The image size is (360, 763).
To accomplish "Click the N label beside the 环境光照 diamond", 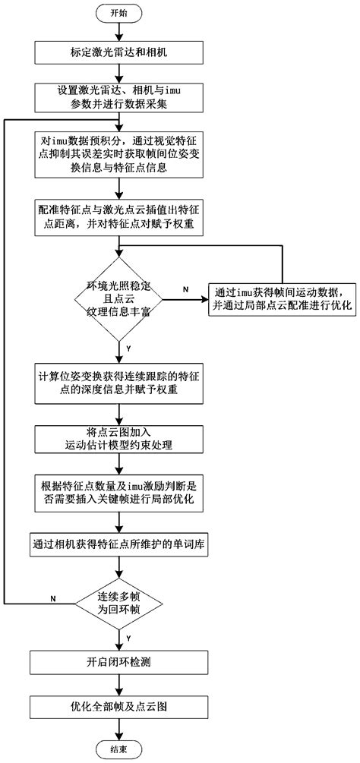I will (x=186, y=289).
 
